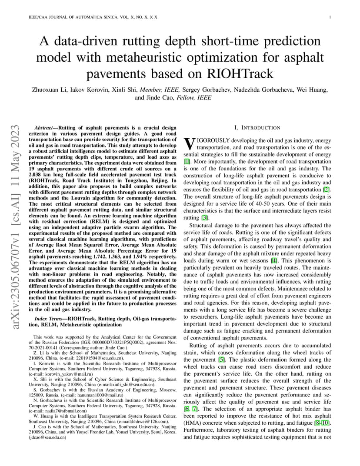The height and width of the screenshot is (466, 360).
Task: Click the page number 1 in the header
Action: point(331,17)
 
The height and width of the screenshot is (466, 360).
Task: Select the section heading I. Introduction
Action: point(257,127)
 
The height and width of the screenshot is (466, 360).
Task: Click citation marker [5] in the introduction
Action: point(222,359)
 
